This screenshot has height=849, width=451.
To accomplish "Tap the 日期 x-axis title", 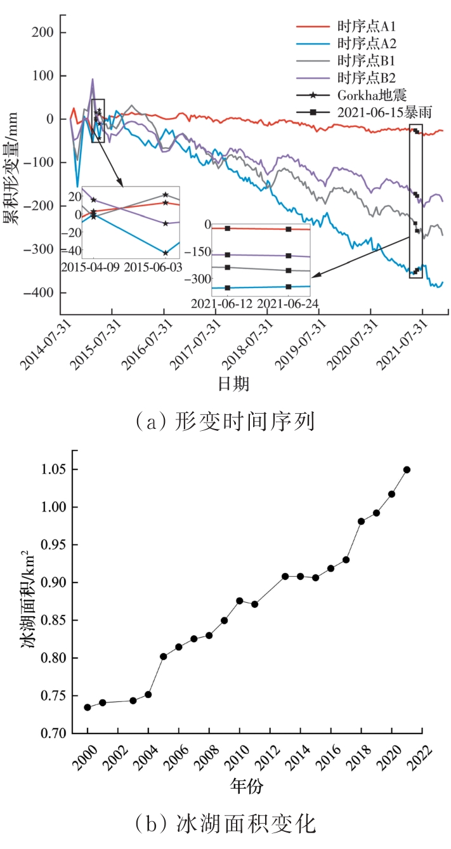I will (x=233, y=384).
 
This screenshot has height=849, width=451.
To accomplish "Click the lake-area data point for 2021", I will (x=407, y=470).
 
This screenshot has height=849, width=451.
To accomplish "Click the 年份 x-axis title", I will (x=247, y=786).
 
